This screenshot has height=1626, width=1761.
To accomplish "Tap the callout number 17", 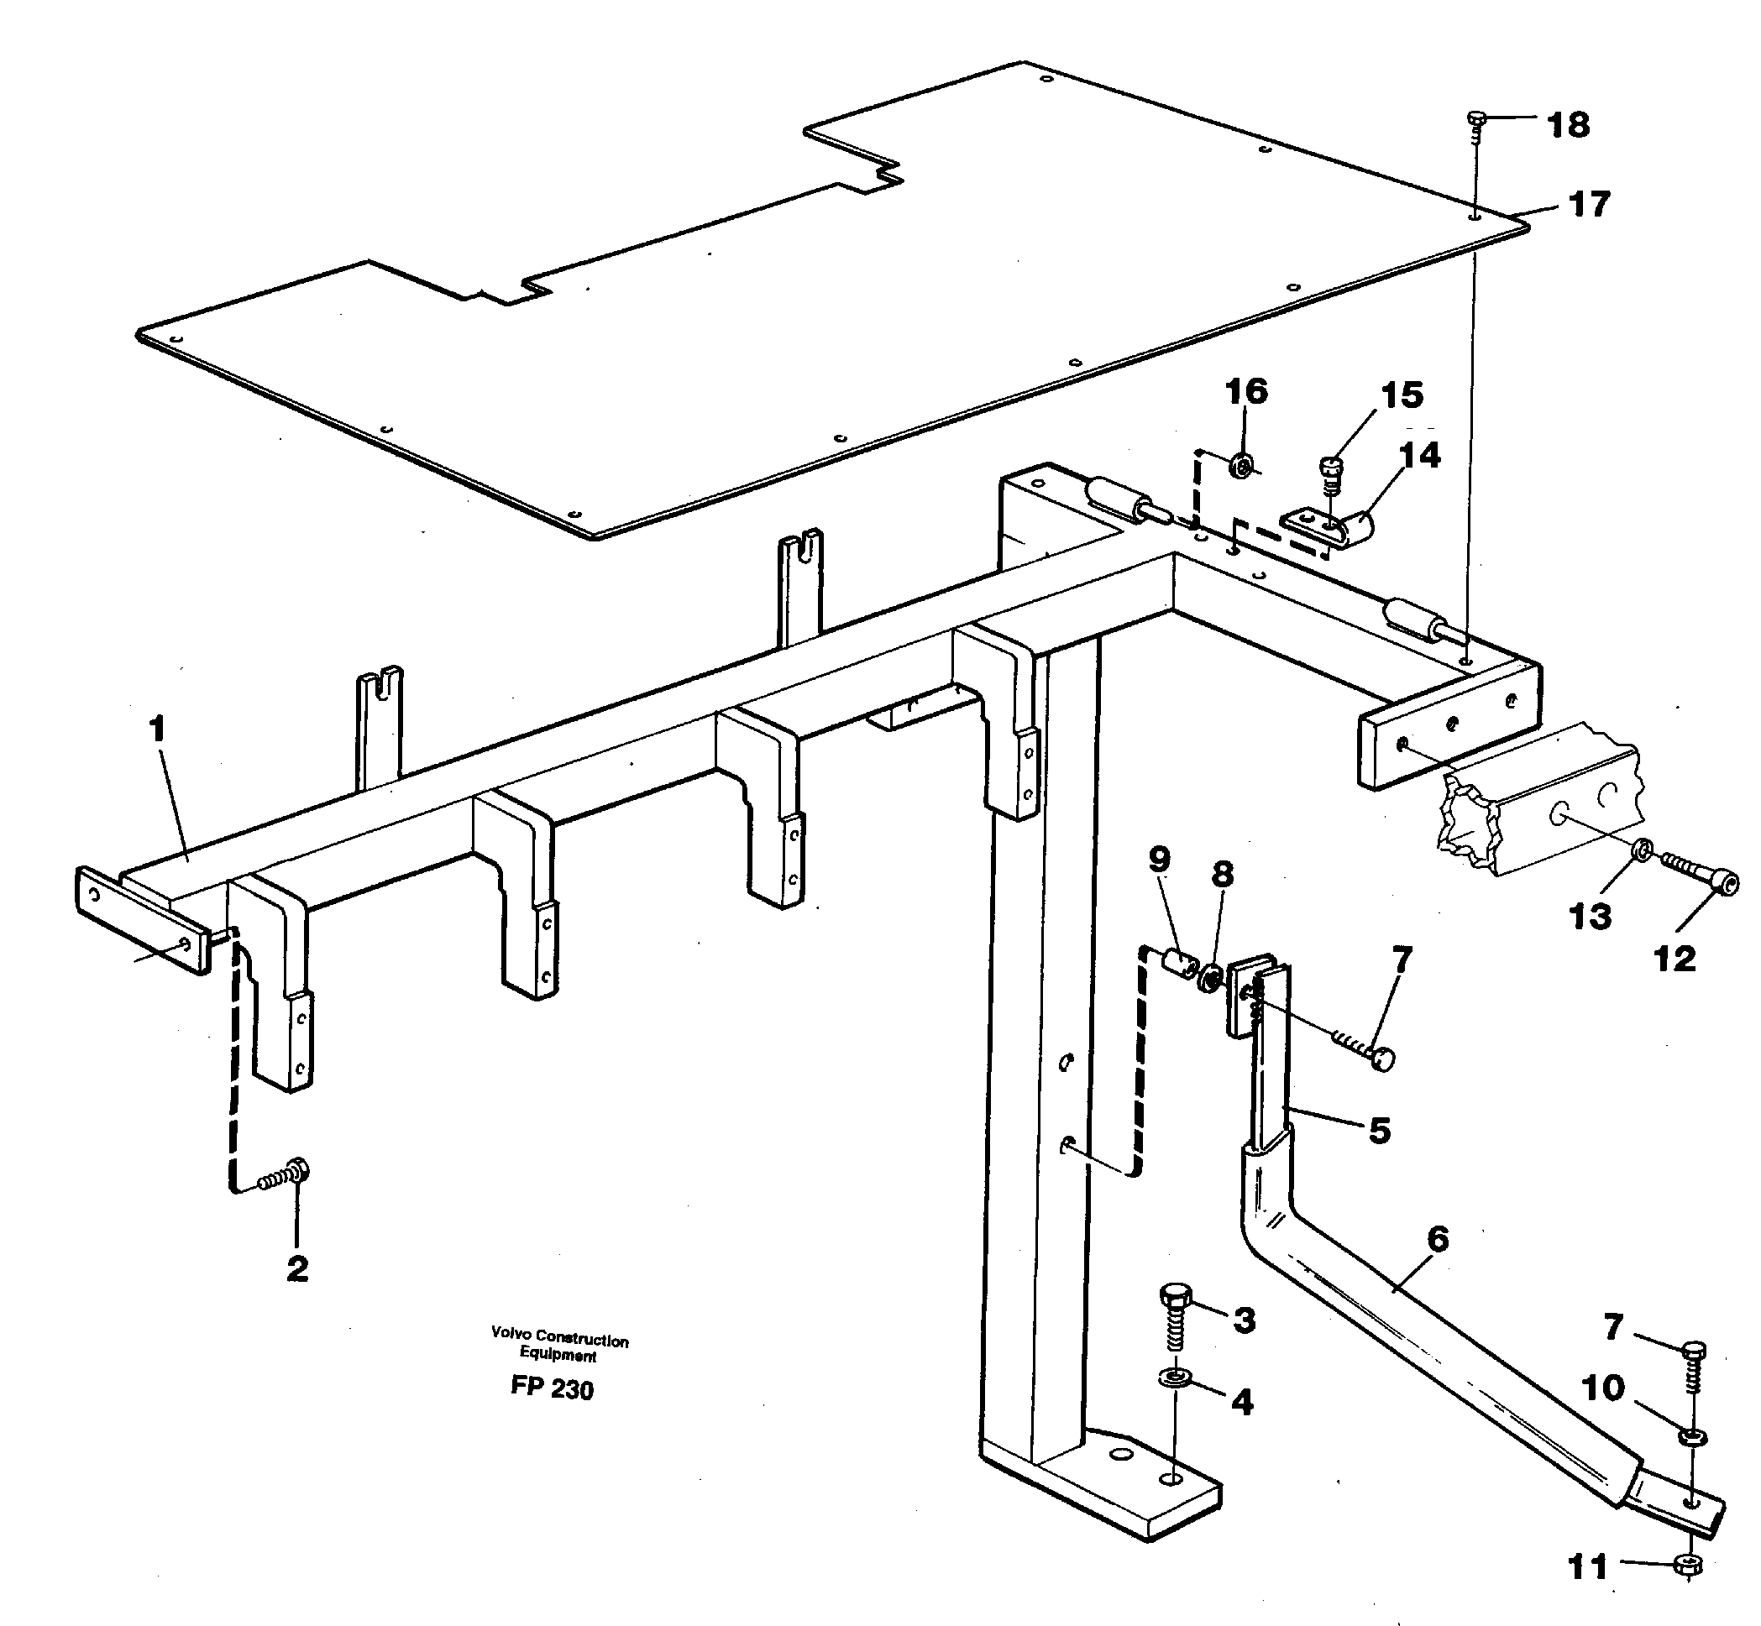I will click(x=1590, y=204).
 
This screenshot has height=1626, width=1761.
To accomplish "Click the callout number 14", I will click(x=1419, y=455).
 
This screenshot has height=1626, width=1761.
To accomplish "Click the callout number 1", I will click(x=158, y=729).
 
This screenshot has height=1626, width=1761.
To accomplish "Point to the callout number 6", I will click(x=1437, y=1239).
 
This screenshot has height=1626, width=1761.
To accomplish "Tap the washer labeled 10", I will click(x=1689, y=1437).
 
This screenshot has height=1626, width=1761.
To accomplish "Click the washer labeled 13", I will click(x=1639, y=850).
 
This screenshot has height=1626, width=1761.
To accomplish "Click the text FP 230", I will click(x=552, y=1388).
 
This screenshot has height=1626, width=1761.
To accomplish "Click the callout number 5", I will click(x=1379, y=1130).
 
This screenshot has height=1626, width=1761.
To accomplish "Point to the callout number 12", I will click(x=1674, y=958).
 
